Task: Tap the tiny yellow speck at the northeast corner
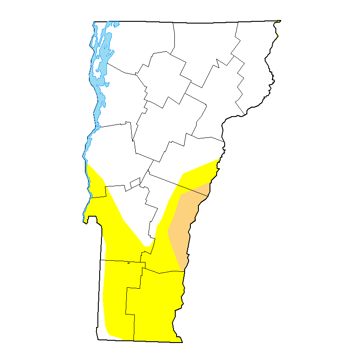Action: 278,21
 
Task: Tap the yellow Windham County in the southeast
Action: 156,307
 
